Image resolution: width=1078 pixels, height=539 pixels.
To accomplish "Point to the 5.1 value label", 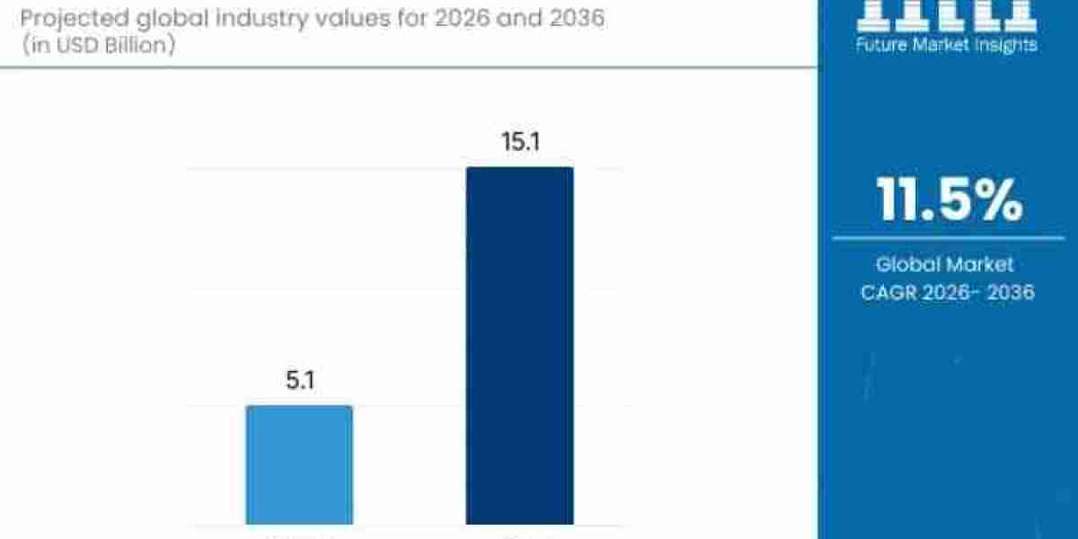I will point(299,382).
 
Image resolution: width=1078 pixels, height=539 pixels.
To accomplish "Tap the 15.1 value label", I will point(519,143).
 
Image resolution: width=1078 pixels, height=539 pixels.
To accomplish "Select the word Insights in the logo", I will point(1004,44).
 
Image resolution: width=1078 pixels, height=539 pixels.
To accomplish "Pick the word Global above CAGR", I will point(907,264).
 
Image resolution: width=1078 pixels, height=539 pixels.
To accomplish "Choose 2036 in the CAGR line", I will point(1011,292).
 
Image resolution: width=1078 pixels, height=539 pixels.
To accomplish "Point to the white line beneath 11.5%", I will point(948,238).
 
